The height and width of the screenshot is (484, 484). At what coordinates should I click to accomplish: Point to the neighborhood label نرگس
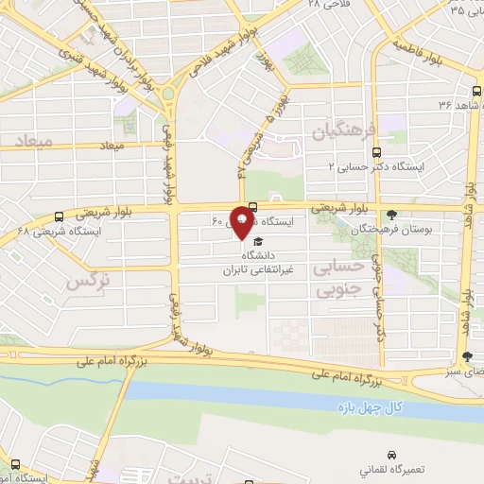pos(87,281)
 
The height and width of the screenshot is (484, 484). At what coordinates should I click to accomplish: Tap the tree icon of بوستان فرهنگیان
pos(393,214)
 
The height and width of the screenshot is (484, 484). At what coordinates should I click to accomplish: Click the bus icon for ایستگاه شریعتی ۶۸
pos(60,216)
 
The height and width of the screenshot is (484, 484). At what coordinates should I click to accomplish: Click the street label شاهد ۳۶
pos(449,106)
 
